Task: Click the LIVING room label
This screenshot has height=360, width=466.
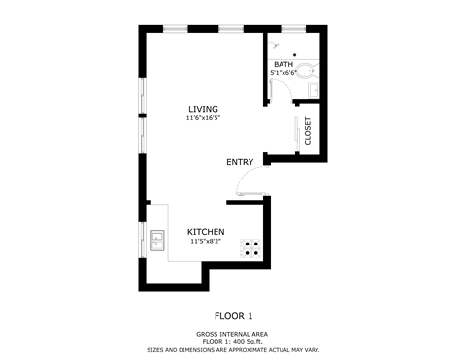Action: pyautogui.click(x=204, y=109)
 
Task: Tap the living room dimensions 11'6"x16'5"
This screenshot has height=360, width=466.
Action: pyautogui.click(x=204, y=118)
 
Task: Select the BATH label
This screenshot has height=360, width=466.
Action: pyautogui.click(x=283, y=64)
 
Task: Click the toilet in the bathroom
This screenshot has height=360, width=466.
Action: pyautogui.click(x=307, y=69)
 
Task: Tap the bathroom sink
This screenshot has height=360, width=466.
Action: pyautogui.click(x=314, y=88)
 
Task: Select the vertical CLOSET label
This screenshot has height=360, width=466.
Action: pyautogui.click(x=308, y=130)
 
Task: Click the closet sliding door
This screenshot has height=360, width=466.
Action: pyautogui.click(x=296, y=132)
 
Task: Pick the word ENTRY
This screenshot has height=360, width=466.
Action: pyautogui.click(x=240, y=162)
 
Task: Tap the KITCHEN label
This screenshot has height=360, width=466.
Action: pyautogui.click(x=206, y=232)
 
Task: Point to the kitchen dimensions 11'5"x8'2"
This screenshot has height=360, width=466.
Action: pyautogui.click(x=206, y=241)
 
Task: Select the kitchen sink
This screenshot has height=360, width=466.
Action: pyautogui.click(x=156, y=239)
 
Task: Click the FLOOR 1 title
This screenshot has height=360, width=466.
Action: pyautogui.click(x=233, y=315)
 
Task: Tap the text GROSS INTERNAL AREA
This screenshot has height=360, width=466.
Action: pyautogui.click(x=233, y=333)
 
